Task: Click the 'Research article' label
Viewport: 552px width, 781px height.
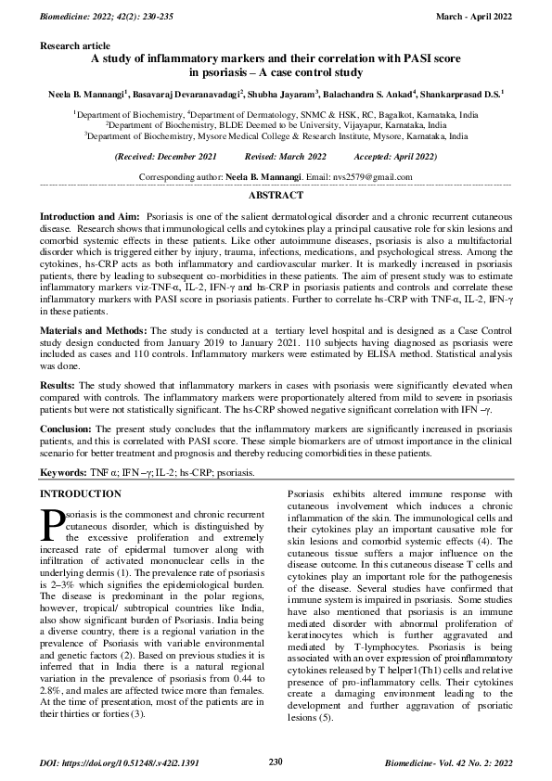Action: [73, 44]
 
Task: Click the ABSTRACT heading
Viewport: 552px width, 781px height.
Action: [276, 197]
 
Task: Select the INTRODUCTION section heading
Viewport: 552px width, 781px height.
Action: [81, 493]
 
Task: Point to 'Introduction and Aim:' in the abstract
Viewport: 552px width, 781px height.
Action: [91, 215]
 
